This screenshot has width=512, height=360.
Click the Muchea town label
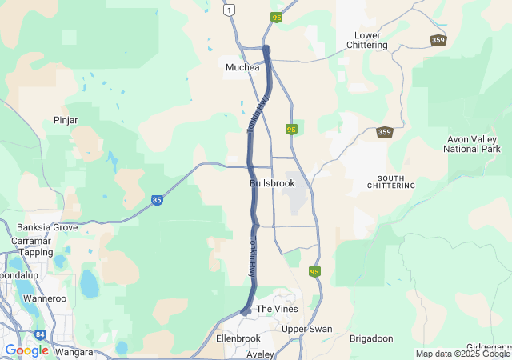pos(243,67)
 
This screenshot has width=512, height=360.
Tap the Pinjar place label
pos(65,120)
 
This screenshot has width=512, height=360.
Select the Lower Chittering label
pos(367,40)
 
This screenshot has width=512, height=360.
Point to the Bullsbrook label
pos(272,183)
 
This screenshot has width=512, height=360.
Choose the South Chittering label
pos(390,181)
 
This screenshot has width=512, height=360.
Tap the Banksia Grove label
pos(47,227)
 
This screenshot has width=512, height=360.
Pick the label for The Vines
pos(276,309)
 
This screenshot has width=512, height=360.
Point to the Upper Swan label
pos(307,329)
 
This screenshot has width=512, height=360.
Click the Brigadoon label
pos(371,338)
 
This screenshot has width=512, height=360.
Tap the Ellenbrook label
pos(238,338)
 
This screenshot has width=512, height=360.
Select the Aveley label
pos(260,354)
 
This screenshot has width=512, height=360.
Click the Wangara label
pos(71,351)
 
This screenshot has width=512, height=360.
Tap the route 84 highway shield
pos(40,335)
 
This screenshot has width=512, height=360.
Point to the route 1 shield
pos(230,10)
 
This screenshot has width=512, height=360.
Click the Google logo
pos(26,350)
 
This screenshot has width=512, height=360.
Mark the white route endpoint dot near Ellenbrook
pos(247,311)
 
